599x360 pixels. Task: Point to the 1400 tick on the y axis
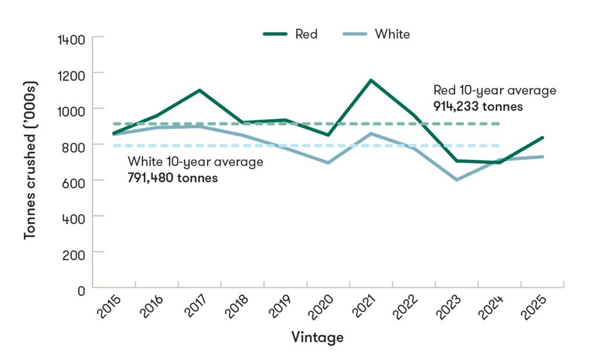72,39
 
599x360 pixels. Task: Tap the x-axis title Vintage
316,338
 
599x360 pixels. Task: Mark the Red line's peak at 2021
371,80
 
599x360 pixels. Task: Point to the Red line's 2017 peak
199,90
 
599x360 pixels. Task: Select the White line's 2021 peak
371,133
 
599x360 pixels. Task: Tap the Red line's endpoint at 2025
543,138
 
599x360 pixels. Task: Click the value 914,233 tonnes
478,107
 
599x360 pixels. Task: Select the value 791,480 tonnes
173,177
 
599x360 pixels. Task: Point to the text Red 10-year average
494,91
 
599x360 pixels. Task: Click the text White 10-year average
195,162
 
